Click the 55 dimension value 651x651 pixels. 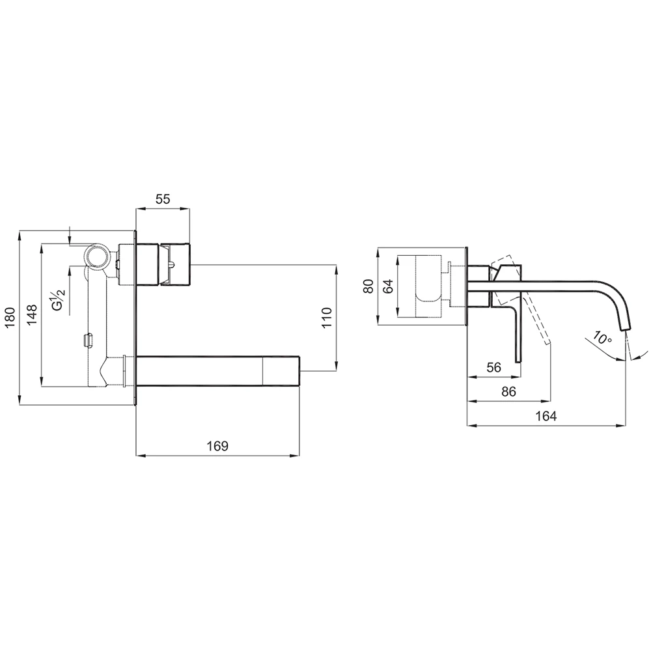163,199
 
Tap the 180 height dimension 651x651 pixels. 10,317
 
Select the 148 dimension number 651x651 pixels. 32,314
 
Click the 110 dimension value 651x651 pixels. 327,317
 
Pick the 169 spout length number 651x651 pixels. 217,446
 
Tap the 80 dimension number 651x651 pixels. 368,286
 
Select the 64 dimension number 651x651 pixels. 388,286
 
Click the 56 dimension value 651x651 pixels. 493,367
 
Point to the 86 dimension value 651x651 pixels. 508,391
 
